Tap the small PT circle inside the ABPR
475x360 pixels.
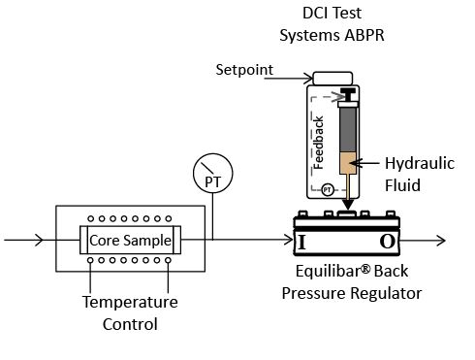328,189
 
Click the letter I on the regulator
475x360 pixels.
301,241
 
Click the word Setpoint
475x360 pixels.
243,70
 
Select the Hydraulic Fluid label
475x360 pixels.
419,173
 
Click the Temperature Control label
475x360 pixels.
130,312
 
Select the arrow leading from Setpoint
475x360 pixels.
294,76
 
